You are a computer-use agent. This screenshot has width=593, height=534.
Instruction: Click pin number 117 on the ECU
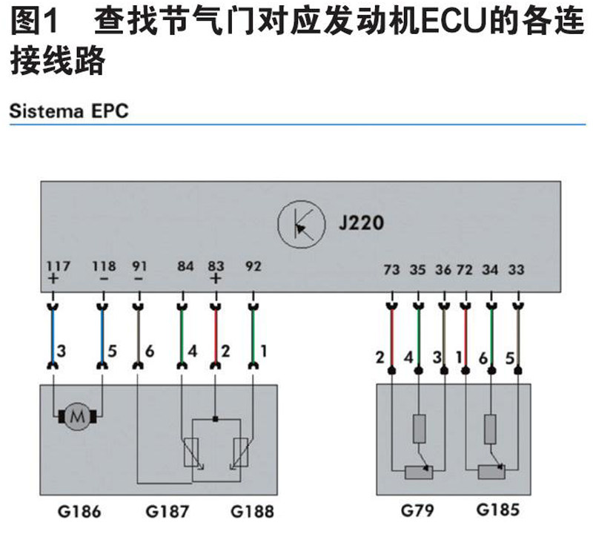coord(53,265)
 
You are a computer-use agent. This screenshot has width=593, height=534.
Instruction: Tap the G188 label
coord(251,511)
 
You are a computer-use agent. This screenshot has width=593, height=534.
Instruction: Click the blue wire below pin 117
coord(53,334)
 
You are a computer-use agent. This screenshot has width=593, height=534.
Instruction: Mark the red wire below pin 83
coord(216,334)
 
